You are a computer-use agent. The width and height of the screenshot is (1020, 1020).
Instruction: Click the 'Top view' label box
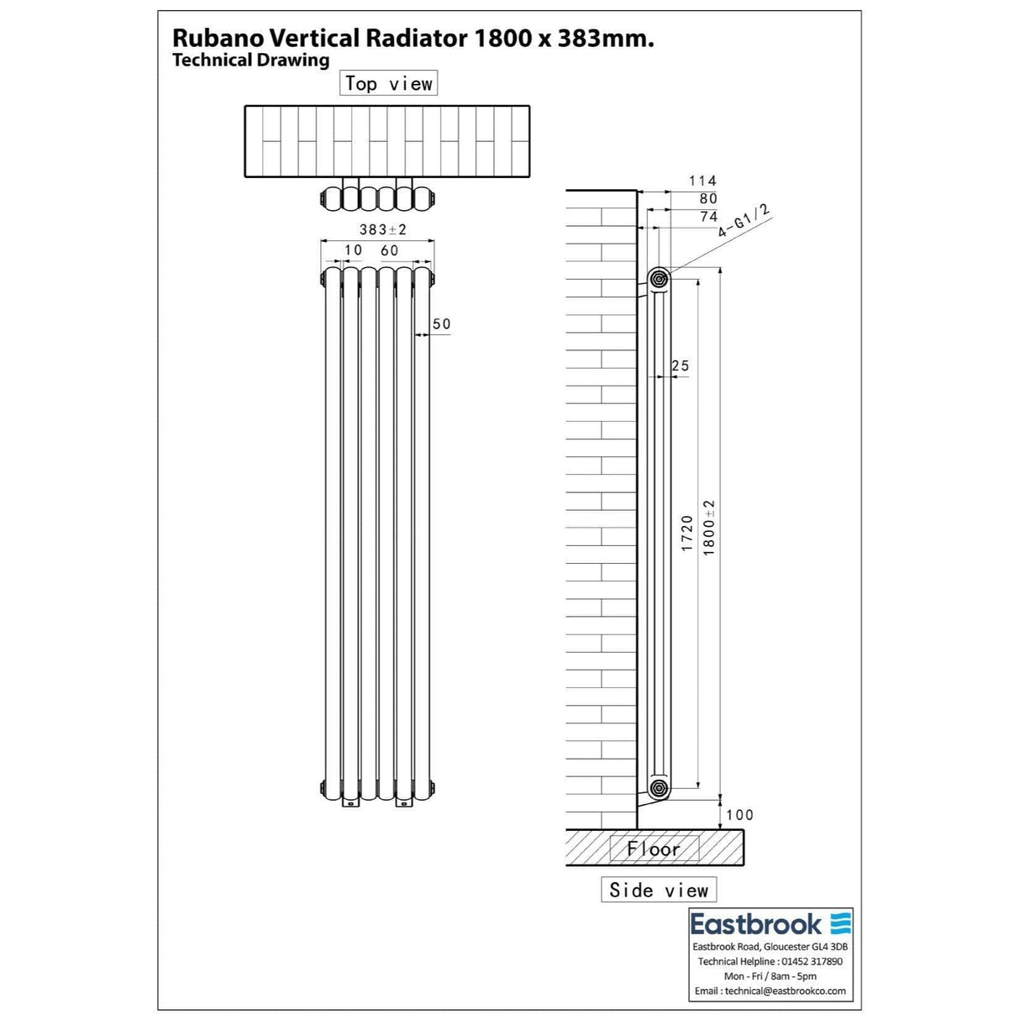(388, 83)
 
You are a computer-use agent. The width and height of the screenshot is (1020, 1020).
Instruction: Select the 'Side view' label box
(659, 890)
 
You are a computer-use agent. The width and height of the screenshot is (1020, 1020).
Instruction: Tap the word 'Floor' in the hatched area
(653, 849)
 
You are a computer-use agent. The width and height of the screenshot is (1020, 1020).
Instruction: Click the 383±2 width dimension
(382, 229)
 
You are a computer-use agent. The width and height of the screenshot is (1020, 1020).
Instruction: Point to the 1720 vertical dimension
(687, 534)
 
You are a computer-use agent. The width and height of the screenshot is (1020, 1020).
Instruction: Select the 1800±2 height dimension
(709, 528)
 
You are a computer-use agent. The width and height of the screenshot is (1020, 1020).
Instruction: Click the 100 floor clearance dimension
(739, 814)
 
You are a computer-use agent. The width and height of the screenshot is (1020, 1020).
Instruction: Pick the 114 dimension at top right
(702, 181)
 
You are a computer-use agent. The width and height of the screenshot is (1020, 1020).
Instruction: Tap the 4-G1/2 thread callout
(744, 221)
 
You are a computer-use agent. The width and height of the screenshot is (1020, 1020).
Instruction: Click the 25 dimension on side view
(681, 365)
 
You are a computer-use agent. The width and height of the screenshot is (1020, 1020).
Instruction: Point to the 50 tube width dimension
(441, 323)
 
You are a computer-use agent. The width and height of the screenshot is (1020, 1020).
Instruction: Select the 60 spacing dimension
(389, 250)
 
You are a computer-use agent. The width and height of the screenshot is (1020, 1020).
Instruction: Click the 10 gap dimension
(353, 250)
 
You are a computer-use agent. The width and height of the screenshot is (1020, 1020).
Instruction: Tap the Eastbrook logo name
(755, 924)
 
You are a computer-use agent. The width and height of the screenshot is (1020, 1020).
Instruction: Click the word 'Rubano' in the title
(216, 38)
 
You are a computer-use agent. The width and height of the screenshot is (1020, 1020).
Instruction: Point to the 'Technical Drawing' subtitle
(250, 60)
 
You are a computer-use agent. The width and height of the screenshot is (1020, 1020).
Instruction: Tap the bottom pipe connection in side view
(658, 788)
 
